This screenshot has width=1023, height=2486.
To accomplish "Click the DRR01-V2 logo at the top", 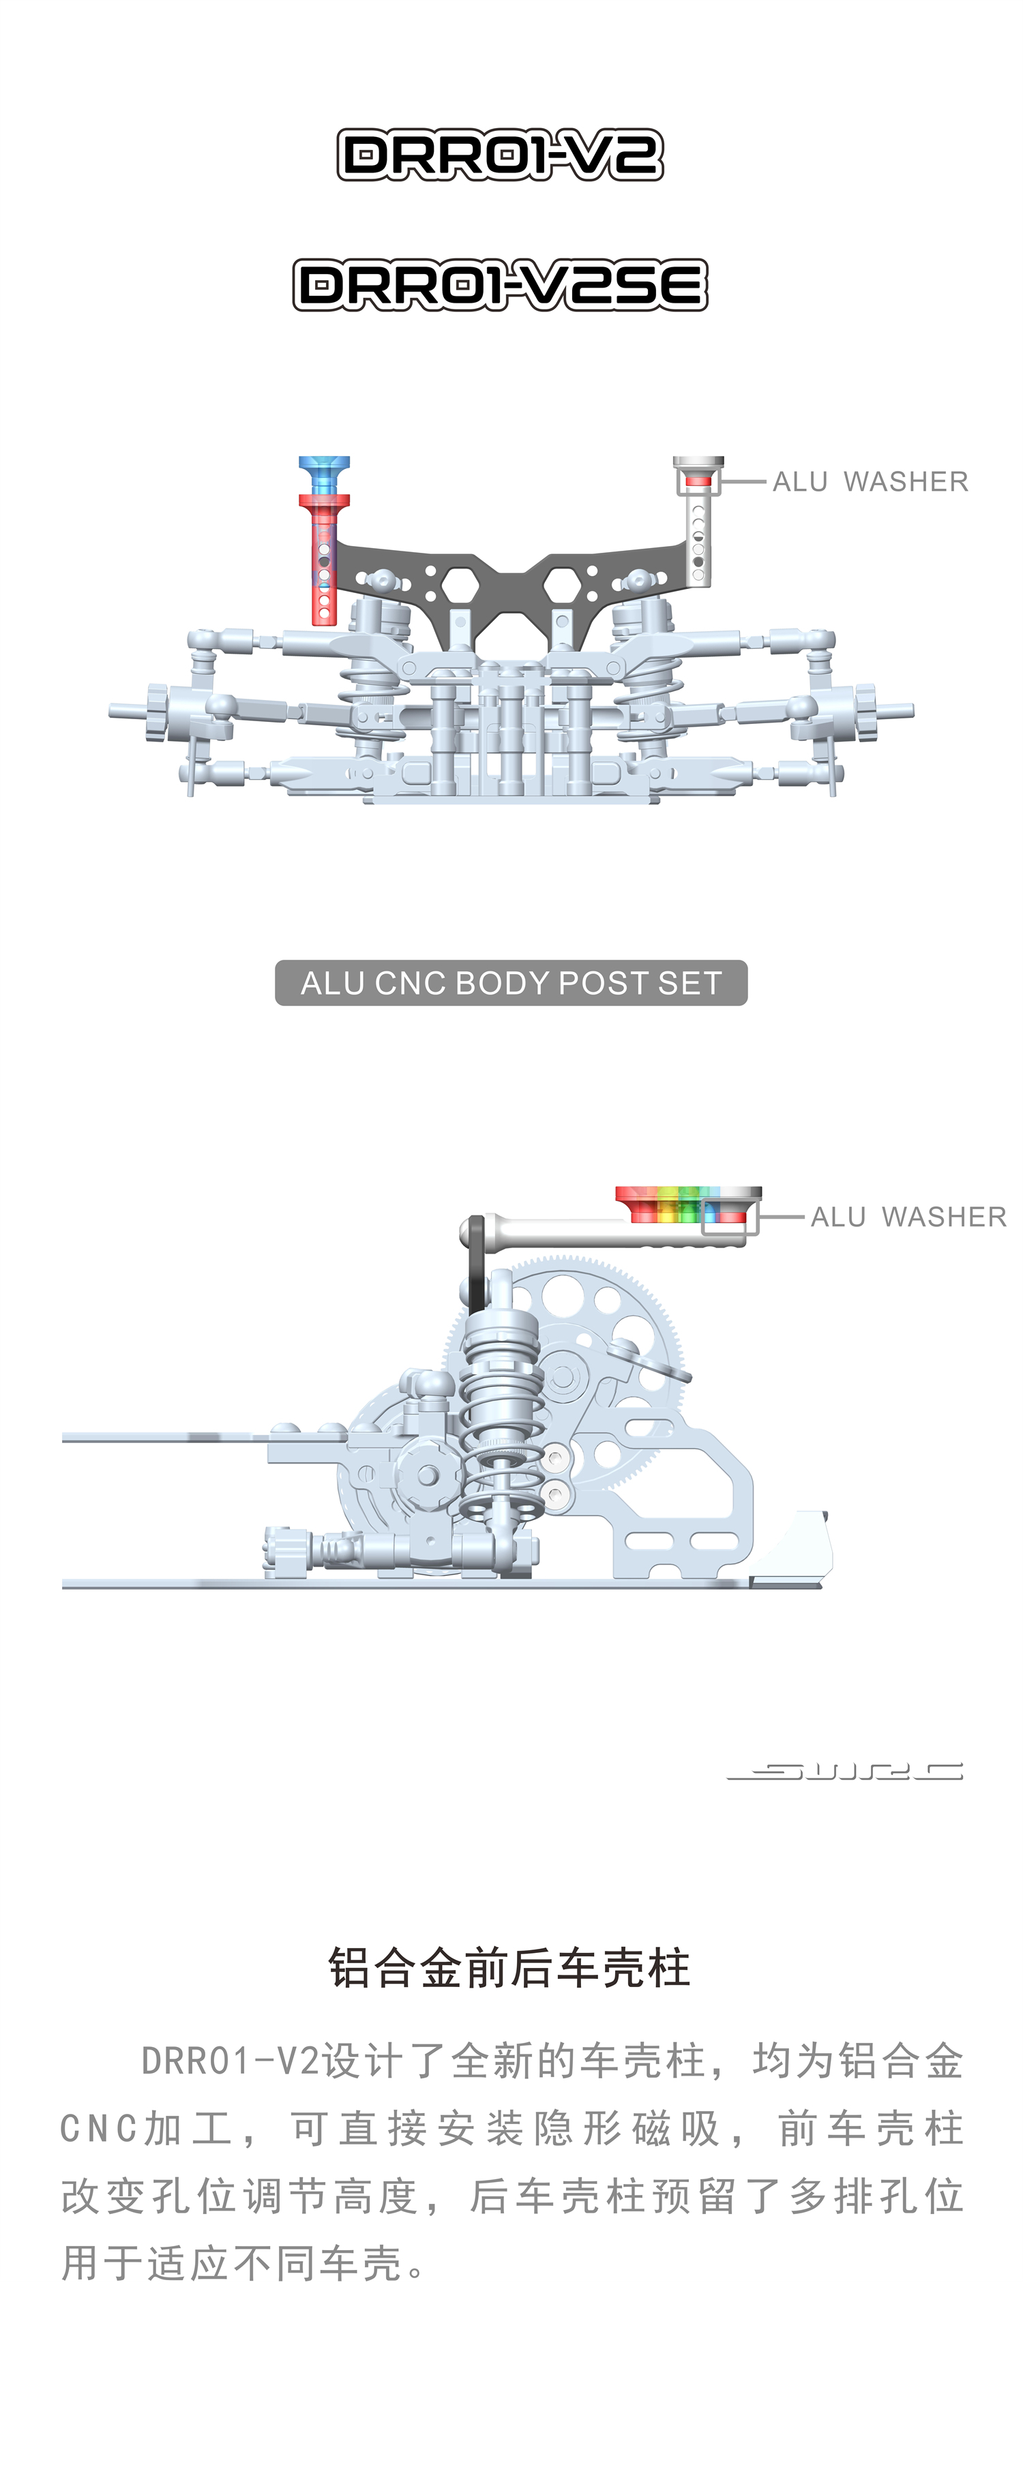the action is [500, 155].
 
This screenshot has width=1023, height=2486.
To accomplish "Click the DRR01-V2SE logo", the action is [500, 285].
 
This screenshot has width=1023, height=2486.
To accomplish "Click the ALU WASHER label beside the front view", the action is [870, 481].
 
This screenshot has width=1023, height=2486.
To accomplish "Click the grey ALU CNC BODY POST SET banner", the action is [512, 982].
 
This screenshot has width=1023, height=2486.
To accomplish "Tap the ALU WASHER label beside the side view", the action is [908, 1217].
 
